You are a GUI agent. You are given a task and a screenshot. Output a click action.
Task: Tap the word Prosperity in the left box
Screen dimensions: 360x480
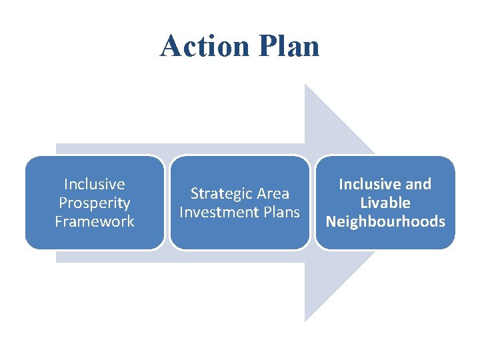(94, 203)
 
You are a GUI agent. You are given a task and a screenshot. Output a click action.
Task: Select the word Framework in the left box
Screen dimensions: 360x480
(94, 221)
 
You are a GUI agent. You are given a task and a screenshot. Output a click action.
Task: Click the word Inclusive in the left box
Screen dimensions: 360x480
(94, 184)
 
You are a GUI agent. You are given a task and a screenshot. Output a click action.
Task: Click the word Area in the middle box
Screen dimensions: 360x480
(273, 194)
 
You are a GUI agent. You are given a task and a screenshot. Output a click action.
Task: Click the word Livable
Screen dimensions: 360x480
(385, 203)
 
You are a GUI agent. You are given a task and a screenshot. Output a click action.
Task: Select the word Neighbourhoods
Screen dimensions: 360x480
(385, 221)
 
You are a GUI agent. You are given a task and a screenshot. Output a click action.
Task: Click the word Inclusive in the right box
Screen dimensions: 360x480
(370, 184)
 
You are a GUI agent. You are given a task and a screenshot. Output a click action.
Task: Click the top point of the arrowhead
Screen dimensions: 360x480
(305, 85)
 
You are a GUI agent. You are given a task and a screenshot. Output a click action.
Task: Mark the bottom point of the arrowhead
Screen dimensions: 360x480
(305, 321)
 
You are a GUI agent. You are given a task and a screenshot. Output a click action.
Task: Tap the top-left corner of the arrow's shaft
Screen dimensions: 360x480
(56, 144)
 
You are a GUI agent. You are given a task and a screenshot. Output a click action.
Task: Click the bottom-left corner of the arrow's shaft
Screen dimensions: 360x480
(56, 262)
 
